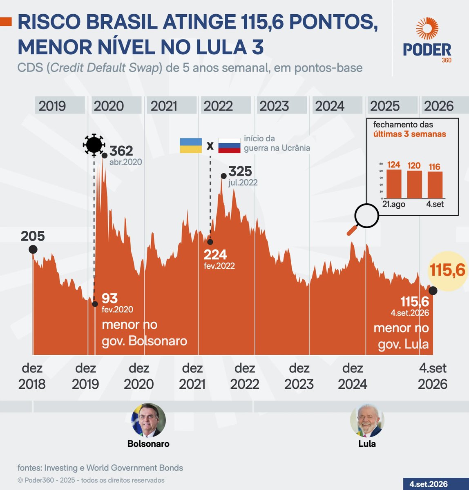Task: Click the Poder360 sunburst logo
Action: coord(427,28)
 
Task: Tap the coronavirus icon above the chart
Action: coord(94,145)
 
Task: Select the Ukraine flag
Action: coord(191,145)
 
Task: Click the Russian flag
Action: coord(229,145)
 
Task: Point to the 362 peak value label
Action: coord(121,151)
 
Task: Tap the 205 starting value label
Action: coord(33,236)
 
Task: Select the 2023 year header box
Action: coord(281,105)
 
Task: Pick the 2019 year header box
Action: coord(60,105)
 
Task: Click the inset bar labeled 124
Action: coord(394,184)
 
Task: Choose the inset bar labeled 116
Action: coord(435,185)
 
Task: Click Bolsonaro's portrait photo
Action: coord(149,420)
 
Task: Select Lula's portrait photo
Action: coord(367,420)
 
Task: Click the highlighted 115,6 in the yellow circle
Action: coord(447,270)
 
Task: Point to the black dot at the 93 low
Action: coord(95,304)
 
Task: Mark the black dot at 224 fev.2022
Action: coord(210,242)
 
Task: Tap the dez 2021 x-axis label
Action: coord(192,376)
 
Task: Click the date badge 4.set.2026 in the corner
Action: coord(429,484)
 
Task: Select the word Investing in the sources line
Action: coord(61,468)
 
